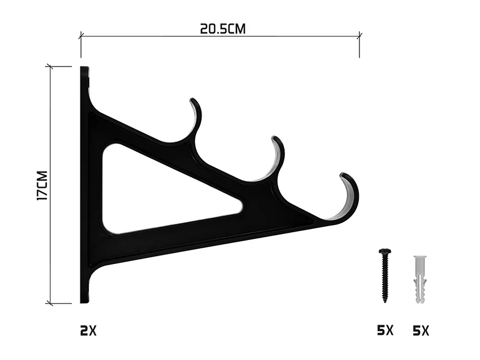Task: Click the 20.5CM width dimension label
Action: click(223, 29)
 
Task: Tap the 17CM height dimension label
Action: click(42, 186)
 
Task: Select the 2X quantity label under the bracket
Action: click(88, 331)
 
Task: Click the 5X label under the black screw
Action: click(385, 331)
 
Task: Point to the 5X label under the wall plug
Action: click(421, 331)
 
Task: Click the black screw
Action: click(385, 275)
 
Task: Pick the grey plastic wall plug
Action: click(420, 279)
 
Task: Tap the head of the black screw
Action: click(385, 251)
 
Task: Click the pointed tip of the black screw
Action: click(385, 302)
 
